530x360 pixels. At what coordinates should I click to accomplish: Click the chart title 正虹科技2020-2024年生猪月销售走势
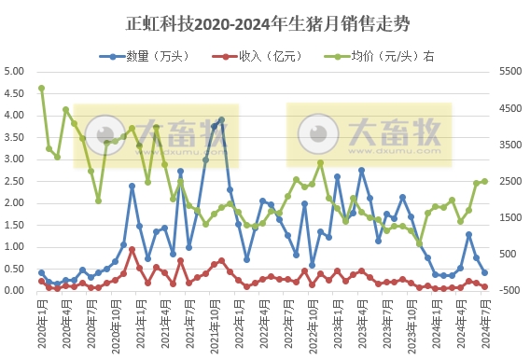pyautogui.click(x=265, y=21)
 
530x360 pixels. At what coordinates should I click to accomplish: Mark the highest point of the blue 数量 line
pyautogui.click(x=221, y=119)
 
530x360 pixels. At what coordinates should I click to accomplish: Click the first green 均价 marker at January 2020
pyautogui.click(x=41, y=89)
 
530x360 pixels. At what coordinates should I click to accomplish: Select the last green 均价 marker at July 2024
pyautogui.click(x=484, y=181)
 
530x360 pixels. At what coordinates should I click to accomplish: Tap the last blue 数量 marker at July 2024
pyautogui.click(x=484, y=273)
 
